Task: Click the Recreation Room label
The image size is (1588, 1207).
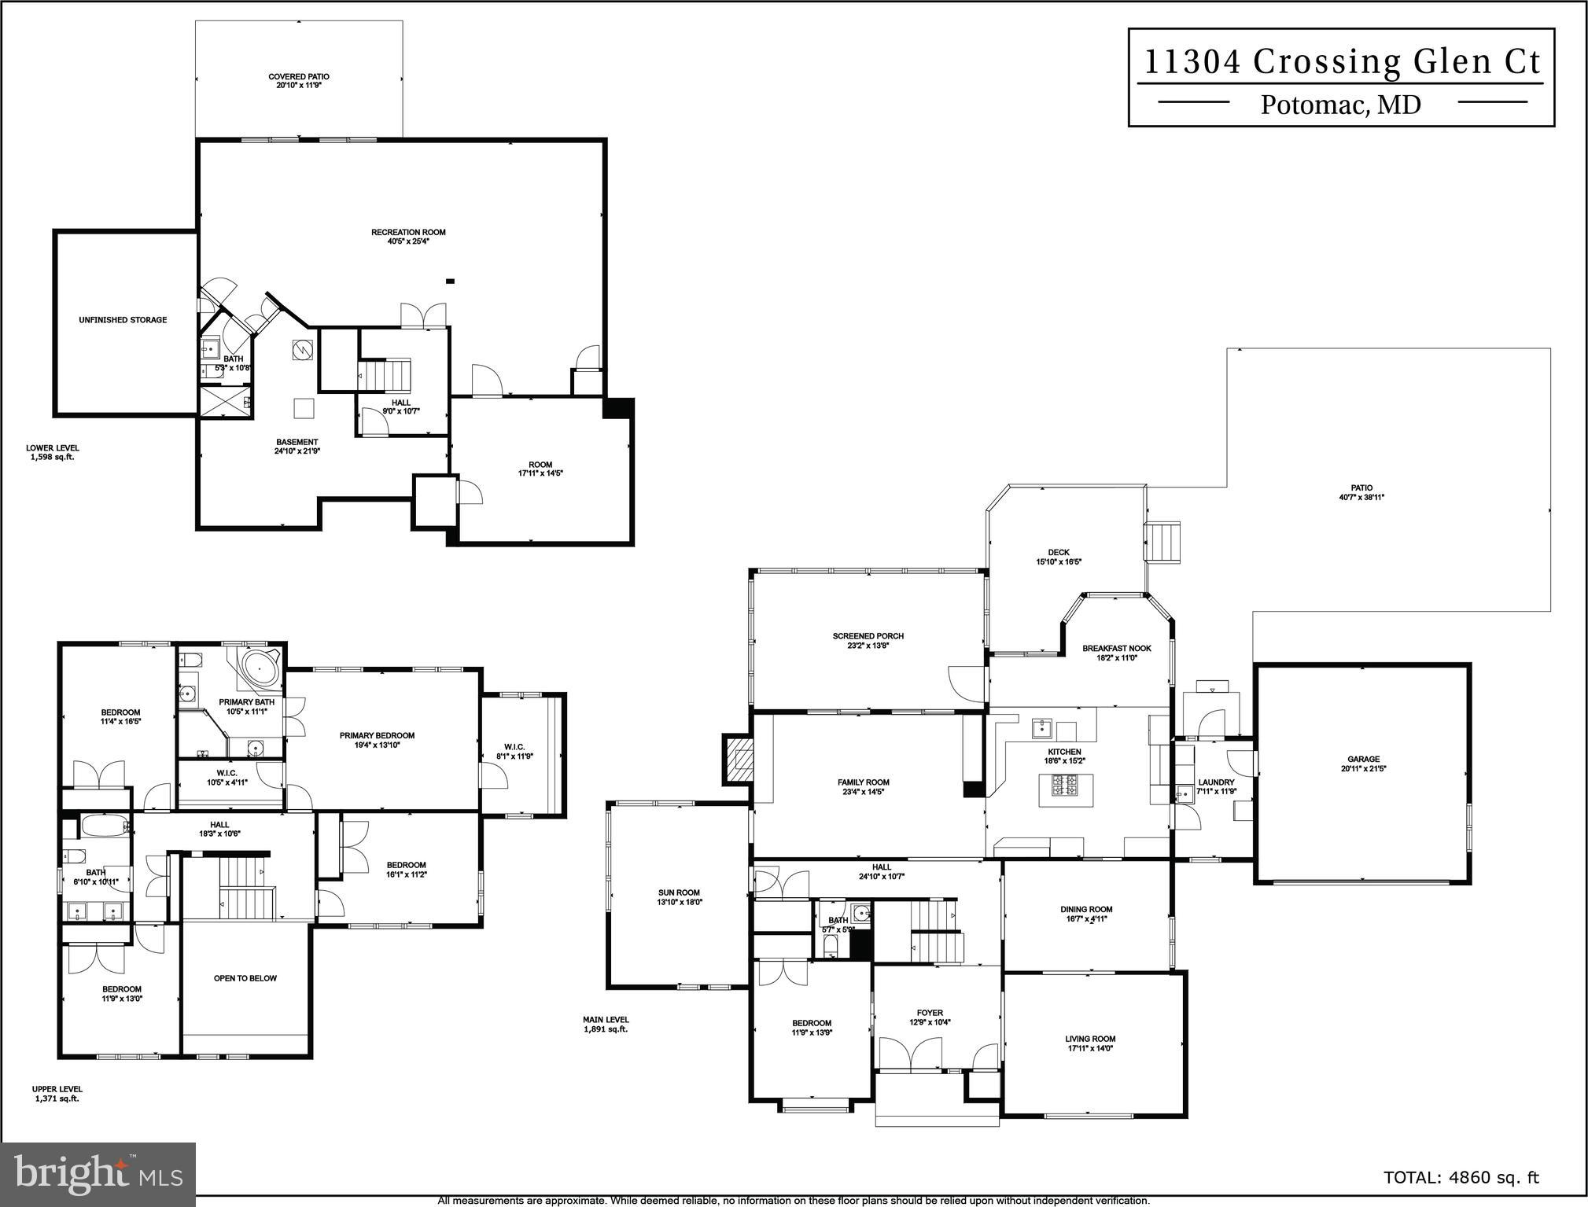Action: (408, 232)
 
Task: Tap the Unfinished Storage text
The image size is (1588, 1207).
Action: (123, 320)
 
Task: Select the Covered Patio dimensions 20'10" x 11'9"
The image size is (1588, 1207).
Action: (298, 85)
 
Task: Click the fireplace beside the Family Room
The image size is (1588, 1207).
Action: (739, 760)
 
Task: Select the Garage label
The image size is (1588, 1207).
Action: (1362, 760)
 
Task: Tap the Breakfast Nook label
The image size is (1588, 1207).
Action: (1116, 649)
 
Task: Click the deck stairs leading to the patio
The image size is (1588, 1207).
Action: (1162, 542)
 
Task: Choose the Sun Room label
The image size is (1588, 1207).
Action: (679, 892)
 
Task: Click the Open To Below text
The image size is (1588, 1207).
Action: (245, 978)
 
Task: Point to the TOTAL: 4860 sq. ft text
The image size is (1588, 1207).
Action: (1461, 1177)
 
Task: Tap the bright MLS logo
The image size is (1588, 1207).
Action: (98, 1173)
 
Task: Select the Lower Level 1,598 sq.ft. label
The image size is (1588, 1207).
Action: (52, 452)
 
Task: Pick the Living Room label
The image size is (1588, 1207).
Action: (1090, 1039)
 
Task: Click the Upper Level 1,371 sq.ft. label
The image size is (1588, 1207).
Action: (57, 1094)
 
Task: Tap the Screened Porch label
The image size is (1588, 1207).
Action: (868, 636)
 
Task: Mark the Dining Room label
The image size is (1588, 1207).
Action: (1086, 909)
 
